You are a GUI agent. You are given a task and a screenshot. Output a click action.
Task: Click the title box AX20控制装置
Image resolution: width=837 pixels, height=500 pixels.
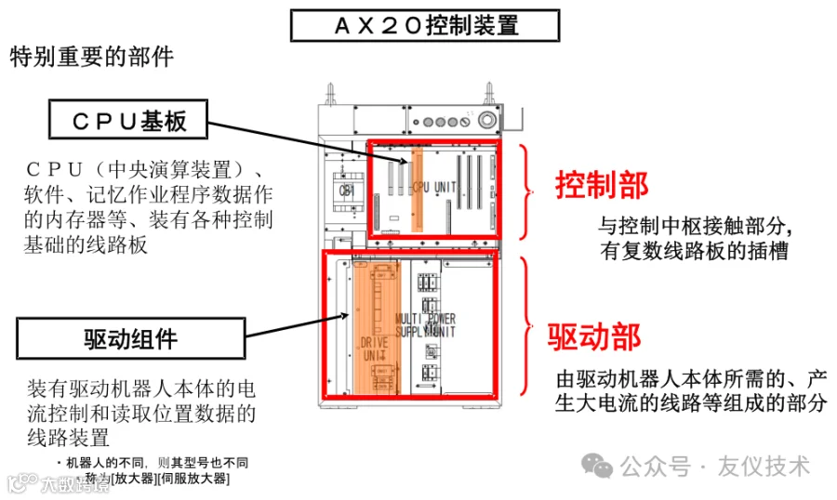pyautogui.click(x=425, y=25)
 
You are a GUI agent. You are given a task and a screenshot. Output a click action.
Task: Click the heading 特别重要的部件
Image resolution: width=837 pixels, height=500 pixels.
pyautogui.click(x=91, y=58)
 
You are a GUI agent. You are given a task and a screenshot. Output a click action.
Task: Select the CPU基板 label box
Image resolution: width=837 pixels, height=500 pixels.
pyautogui.click(x=128, y=121)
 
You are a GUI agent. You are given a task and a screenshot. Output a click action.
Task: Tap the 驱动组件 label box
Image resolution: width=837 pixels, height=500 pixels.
pyautogui.click(x=130, y=338)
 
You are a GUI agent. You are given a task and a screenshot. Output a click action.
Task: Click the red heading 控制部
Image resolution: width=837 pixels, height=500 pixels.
pyautogui.click(x=601, y=185)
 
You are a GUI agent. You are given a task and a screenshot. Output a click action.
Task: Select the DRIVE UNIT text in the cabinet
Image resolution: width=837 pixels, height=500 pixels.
pyautogui.click(x=373, y=349)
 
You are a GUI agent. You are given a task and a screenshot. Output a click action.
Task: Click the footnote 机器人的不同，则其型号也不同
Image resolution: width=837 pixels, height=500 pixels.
pyautogui.click(x=156, y=462)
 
